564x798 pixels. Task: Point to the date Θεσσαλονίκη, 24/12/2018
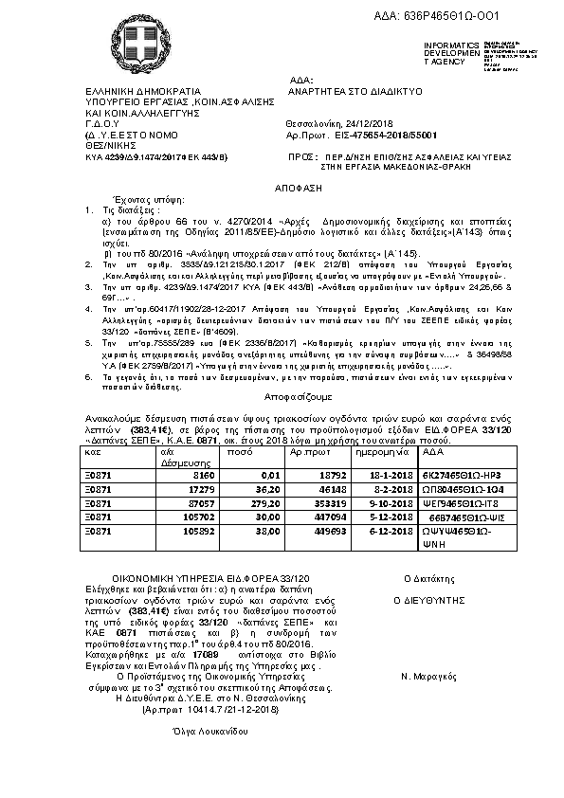[336, 125]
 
